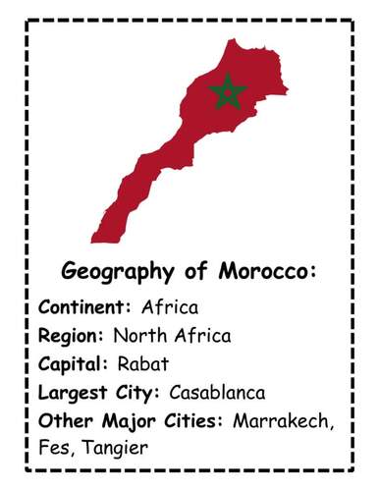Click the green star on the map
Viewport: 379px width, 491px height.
pos(228,91)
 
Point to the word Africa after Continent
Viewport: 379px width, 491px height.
pos(169,307)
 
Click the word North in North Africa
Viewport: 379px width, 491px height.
pos(137,336)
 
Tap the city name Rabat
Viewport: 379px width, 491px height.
pos(143,364)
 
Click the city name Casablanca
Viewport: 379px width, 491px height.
pos(217,393)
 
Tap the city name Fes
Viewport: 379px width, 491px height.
pos(55,449)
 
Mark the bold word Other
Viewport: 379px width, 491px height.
pos(62,421)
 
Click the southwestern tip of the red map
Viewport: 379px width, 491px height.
pos(94,239)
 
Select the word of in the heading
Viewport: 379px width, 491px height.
pos(190,271)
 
